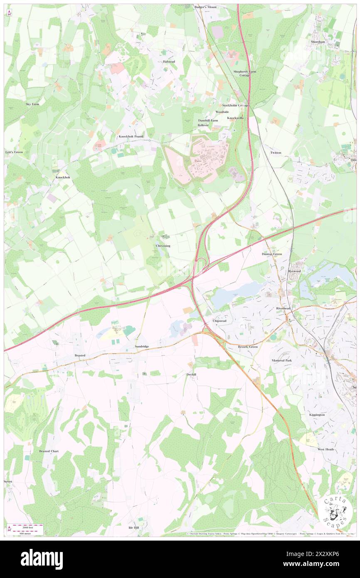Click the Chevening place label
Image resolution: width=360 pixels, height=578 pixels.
tap(163, 246)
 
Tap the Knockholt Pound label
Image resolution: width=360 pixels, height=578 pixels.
tap(131, 136)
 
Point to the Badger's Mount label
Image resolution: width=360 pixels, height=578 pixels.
tap(205, 7)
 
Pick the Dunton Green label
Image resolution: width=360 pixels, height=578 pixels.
tap(272, 254)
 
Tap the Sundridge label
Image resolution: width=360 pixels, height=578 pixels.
tap(141, 346)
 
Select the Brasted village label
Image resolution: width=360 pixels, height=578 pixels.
tap(80, 356)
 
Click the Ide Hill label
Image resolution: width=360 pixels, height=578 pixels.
tap(133, 527)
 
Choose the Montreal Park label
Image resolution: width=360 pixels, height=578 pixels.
tap(282, 360)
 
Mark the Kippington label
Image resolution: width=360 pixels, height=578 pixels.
tap(317, 415)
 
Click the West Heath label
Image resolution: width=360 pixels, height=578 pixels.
tap(326, 449)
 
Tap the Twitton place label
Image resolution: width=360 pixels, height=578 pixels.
tap(276, 153)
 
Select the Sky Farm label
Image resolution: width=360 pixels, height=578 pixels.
tap(32, 104)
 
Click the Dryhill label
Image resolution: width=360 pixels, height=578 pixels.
tap(191, 375)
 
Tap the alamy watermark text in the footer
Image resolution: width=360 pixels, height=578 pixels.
tap(42, 559)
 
